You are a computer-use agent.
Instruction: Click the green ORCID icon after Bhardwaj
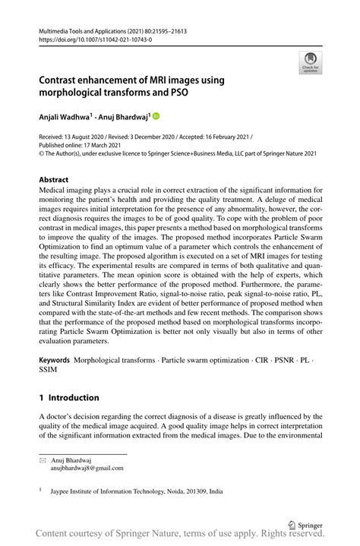tap(156, 116)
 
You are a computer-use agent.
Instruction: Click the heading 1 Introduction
tap(69, 397)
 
